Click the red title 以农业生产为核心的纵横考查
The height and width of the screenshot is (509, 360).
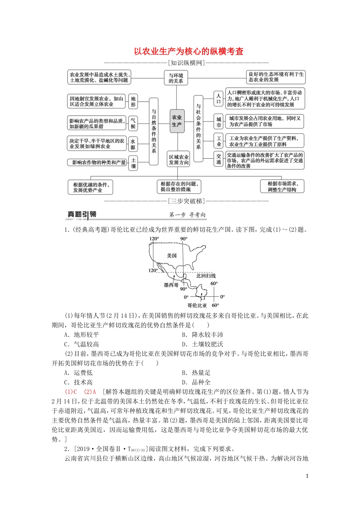pyautogui.click(x=188, y=52)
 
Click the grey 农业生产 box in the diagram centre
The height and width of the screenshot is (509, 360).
pyautogui.click(x=177, y=121)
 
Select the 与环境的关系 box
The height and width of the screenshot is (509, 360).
pyautogui.click(x=176, y=78)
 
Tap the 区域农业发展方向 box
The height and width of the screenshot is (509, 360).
pyautogui.click(x=179, y=160)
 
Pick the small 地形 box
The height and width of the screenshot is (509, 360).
pyautogui.click(x=133, y=101)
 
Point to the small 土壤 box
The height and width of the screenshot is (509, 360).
pyautogui.click(x=133, y=163)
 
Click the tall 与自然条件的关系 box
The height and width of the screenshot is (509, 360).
pyautogui.click(x=154, y=131)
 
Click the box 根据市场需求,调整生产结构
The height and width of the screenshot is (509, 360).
pyautogui.click(x=282, y=186)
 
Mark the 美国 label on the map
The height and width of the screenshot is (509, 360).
pyautogui.click(x=172, y=256)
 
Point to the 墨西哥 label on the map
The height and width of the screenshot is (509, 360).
pyautogui.click(x=171, y=285)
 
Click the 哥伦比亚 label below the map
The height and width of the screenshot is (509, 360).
pyautogui.click(x=197, y=305)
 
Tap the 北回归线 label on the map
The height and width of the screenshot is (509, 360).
pyautogui.click(x=206, y=276)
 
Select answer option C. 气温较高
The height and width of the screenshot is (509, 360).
pyautogui.click(x=82, y=344)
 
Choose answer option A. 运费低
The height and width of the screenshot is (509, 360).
pyautogui.click(x=78, y=373)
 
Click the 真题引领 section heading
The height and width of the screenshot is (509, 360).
pyautogui.click(x=82, y=215)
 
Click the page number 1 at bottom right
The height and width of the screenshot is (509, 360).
pyautogui.click(x=307, y=476)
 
